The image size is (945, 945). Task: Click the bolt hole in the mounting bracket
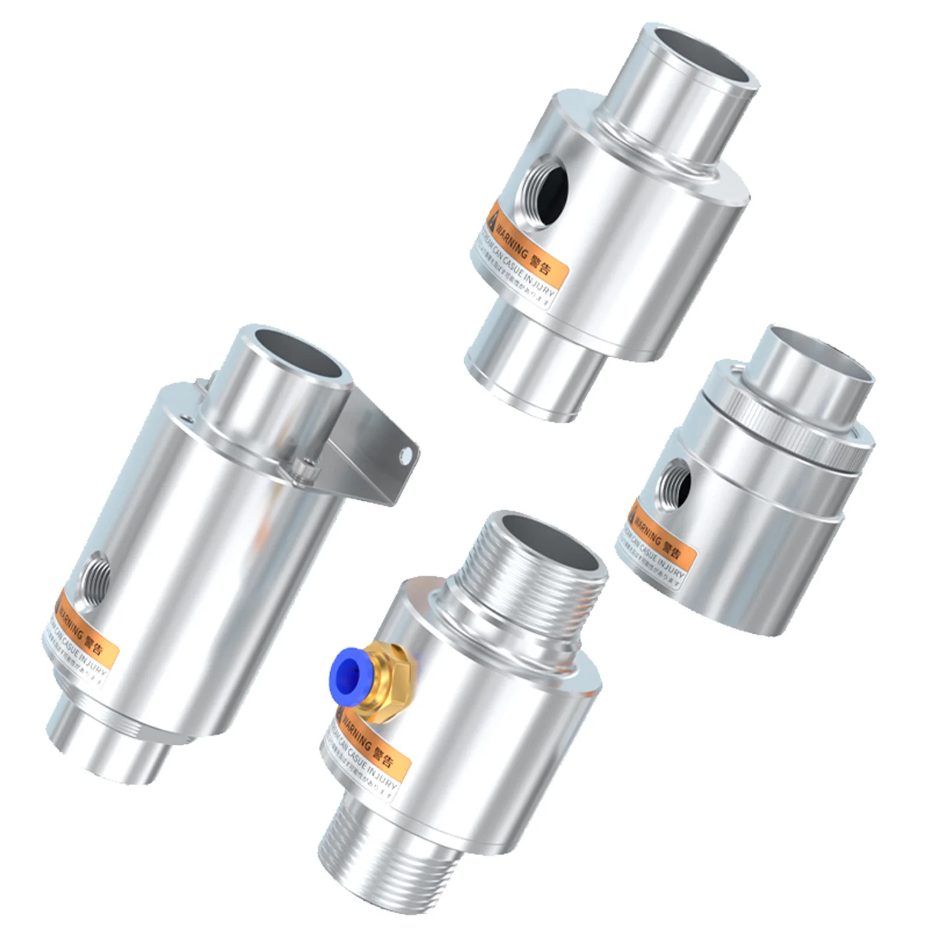[x=406, y=454]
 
